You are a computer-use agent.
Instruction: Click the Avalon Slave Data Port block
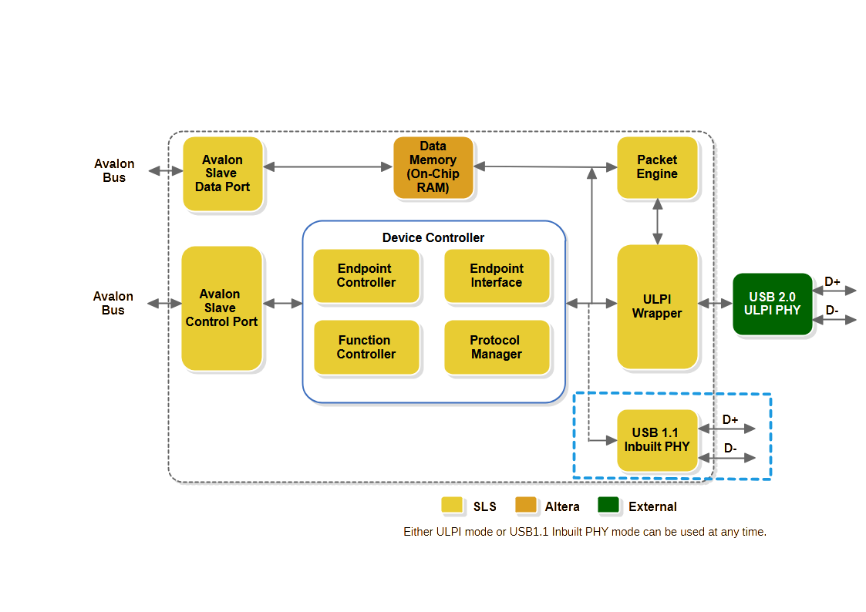[222, 173]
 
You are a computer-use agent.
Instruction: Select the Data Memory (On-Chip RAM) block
[433, 167]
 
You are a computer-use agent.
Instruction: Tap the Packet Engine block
[657, 167]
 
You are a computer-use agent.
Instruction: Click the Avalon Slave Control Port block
[221, 308]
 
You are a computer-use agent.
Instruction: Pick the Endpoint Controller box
[366, 276]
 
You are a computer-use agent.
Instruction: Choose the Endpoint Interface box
[497, 276]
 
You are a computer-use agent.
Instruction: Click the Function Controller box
[366, 348]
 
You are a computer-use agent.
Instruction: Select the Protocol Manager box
[497, 348]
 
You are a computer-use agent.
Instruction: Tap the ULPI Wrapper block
[657, 306]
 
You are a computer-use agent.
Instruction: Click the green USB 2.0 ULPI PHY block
[772, 304]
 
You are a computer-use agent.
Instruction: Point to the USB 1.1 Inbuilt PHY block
[657, 440]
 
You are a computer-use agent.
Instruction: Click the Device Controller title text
[433, 237]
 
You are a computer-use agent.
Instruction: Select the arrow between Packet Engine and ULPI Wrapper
[657, 222]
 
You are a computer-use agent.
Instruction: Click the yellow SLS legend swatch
[451, 506]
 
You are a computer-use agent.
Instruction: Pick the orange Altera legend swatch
[525, 506]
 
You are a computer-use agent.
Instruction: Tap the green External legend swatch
[608, 506]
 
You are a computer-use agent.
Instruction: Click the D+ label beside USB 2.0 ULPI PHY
[833, 282]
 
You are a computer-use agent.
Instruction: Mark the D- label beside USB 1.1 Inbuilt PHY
[730, 448]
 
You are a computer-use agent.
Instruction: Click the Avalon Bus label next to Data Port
[114, 170]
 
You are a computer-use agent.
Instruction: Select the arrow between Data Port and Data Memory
[329, 166]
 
